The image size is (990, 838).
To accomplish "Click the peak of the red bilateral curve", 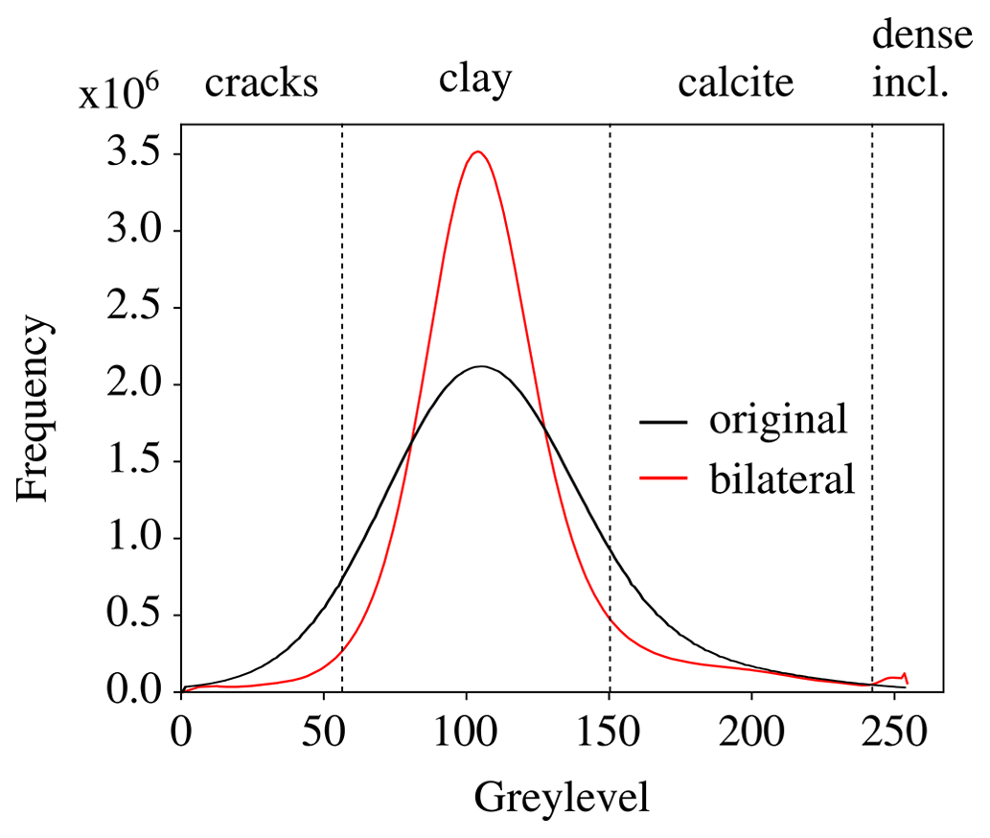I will pyautogui.click(x=476, y=151).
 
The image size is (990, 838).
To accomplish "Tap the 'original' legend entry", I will pyautogui.click(x=777, y=420).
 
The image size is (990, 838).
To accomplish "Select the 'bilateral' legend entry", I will pyautogui.click(x=781, y=478).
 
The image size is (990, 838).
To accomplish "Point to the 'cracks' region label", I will pyautogui.click(x=261, y=83).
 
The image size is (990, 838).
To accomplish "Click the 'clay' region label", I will pyautogui.click(x=475, y=79).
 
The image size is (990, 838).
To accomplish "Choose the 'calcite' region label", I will pyautogui.click(x=736, y=83).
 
